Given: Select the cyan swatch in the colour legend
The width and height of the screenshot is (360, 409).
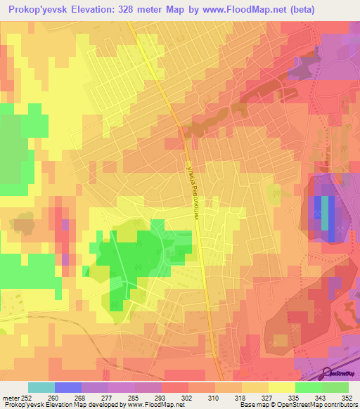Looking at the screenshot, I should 41,387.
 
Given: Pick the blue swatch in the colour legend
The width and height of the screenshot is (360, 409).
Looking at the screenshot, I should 68,387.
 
